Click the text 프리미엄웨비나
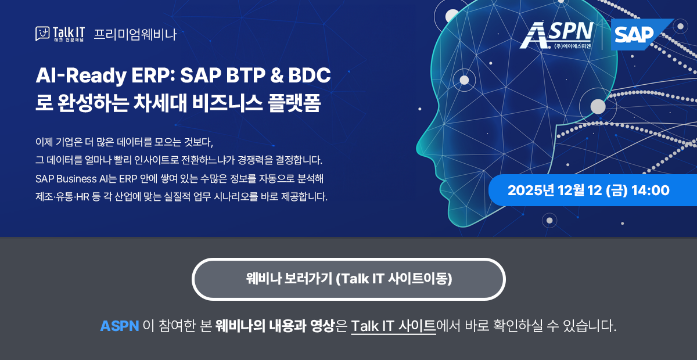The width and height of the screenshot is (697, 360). pos(135,34)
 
